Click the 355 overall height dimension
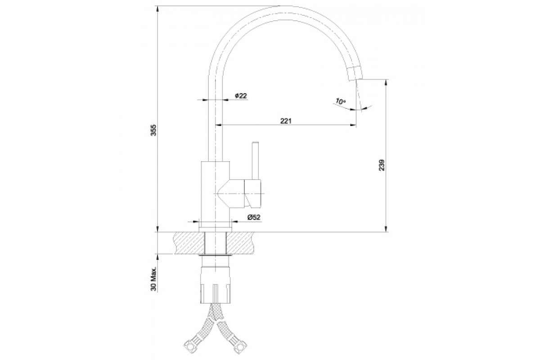(x=153, y=130)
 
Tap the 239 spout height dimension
(x=382, y=165)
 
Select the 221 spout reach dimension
(x=286, y=121)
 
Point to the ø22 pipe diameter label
(x=241, y=96)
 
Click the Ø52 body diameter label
(x=254, y=217)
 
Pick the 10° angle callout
(x=340, y=101)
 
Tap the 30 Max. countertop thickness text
(x=153, y=279)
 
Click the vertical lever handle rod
(x=255, y=161)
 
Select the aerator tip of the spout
(x=355, y=73)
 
